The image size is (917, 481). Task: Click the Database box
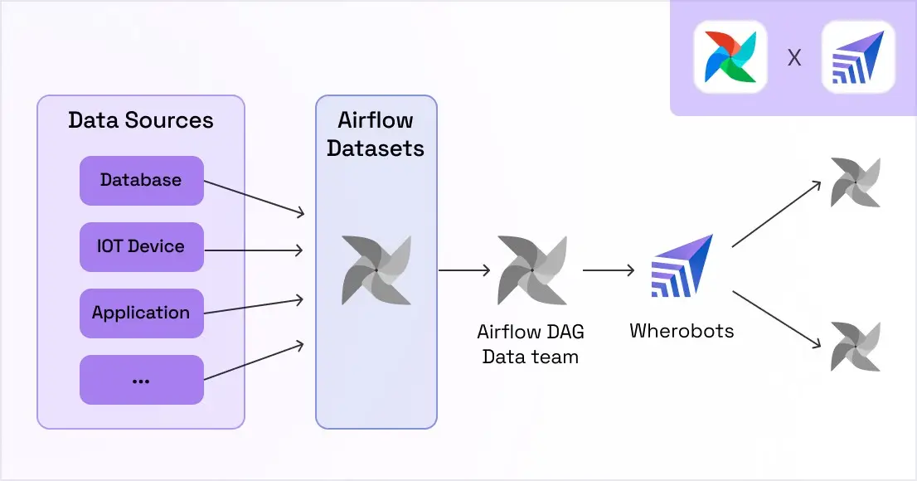(141, 180)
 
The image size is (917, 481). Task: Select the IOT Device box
(141, 246)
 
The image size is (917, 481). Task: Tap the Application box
(141, 313)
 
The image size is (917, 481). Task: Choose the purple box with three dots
(141, 380)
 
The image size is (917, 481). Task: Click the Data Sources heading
(141, 120)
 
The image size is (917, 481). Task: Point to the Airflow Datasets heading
(376, 134)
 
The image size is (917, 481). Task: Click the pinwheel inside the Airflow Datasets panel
(376, 270)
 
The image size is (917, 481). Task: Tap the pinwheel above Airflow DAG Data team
(531, 270)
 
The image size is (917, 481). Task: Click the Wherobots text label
(682, 331)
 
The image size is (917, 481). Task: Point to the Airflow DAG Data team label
(531, 344)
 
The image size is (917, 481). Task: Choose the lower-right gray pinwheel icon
(855, 347)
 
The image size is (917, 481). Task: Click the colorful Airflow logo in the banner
(730, 57)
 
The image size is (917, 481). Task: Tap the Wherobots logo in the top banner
(858, 57)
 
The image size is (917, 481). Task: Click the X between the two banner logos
(794, 58)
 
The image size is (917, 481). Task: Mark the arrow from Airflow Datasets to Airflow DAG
(464, 270)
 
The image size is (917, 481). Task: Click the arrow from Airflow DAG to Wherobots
(609, 270)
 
